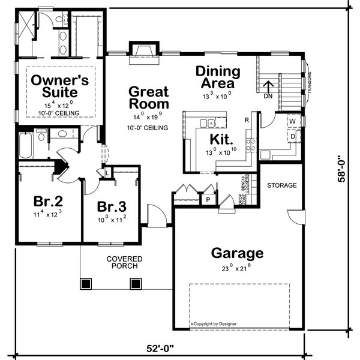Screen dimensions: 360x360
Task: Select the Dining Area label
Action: click(x=218, y=77)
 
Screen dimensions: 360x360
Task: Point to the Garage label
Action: click(x=237, y=253)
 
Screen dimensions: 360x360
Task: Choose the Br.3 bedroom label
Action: click(x=112, y=208)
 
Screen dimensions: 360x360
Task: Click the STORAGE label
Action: click(x=281, y=185)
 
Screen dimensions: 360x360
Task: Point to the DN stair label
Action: click(x=269, y=95)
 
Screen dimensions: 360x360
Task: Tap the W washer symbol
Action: click(x=293, y=122)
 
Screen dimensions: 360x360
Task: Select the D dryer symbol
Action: click(x=293, y=137)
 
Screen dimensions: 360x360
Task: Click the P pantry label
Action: click(x=208, y=199)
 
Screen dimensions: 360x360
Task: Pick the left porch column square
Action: click(x=86, y=283)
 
